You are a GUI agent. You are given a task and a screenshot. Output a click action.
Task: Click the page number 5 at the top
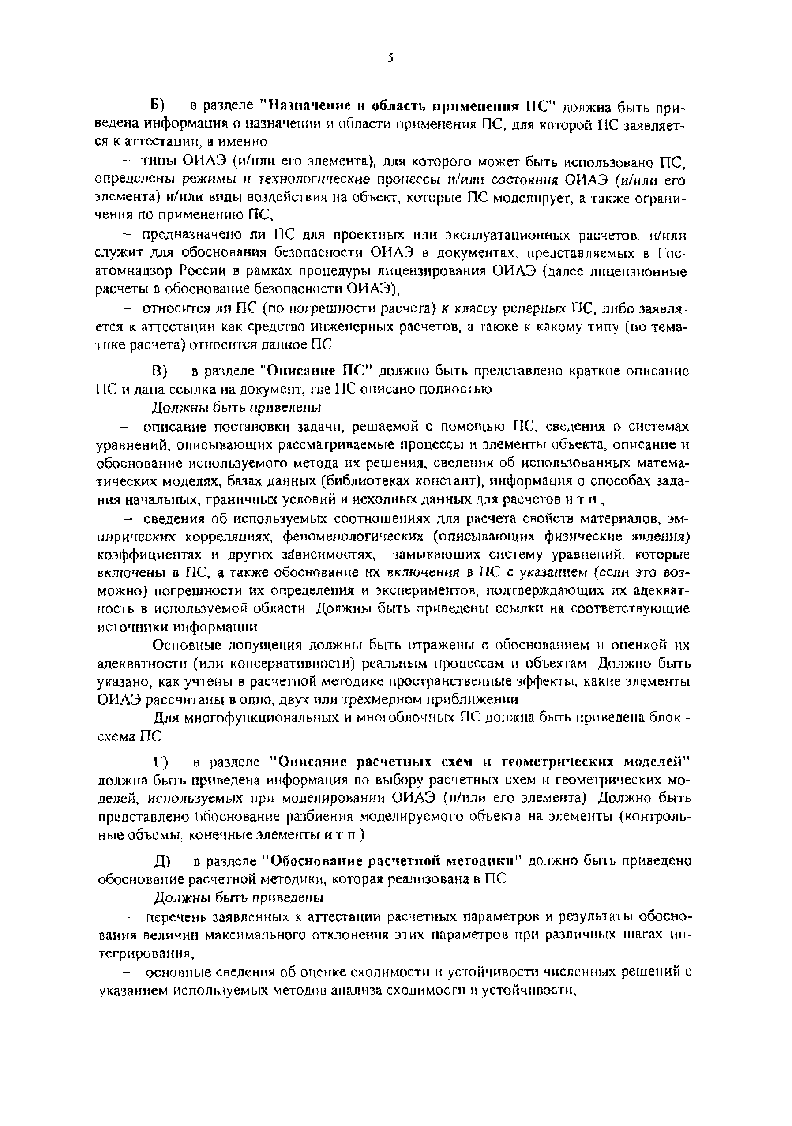pyautogui.click(x=390, y=59)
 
